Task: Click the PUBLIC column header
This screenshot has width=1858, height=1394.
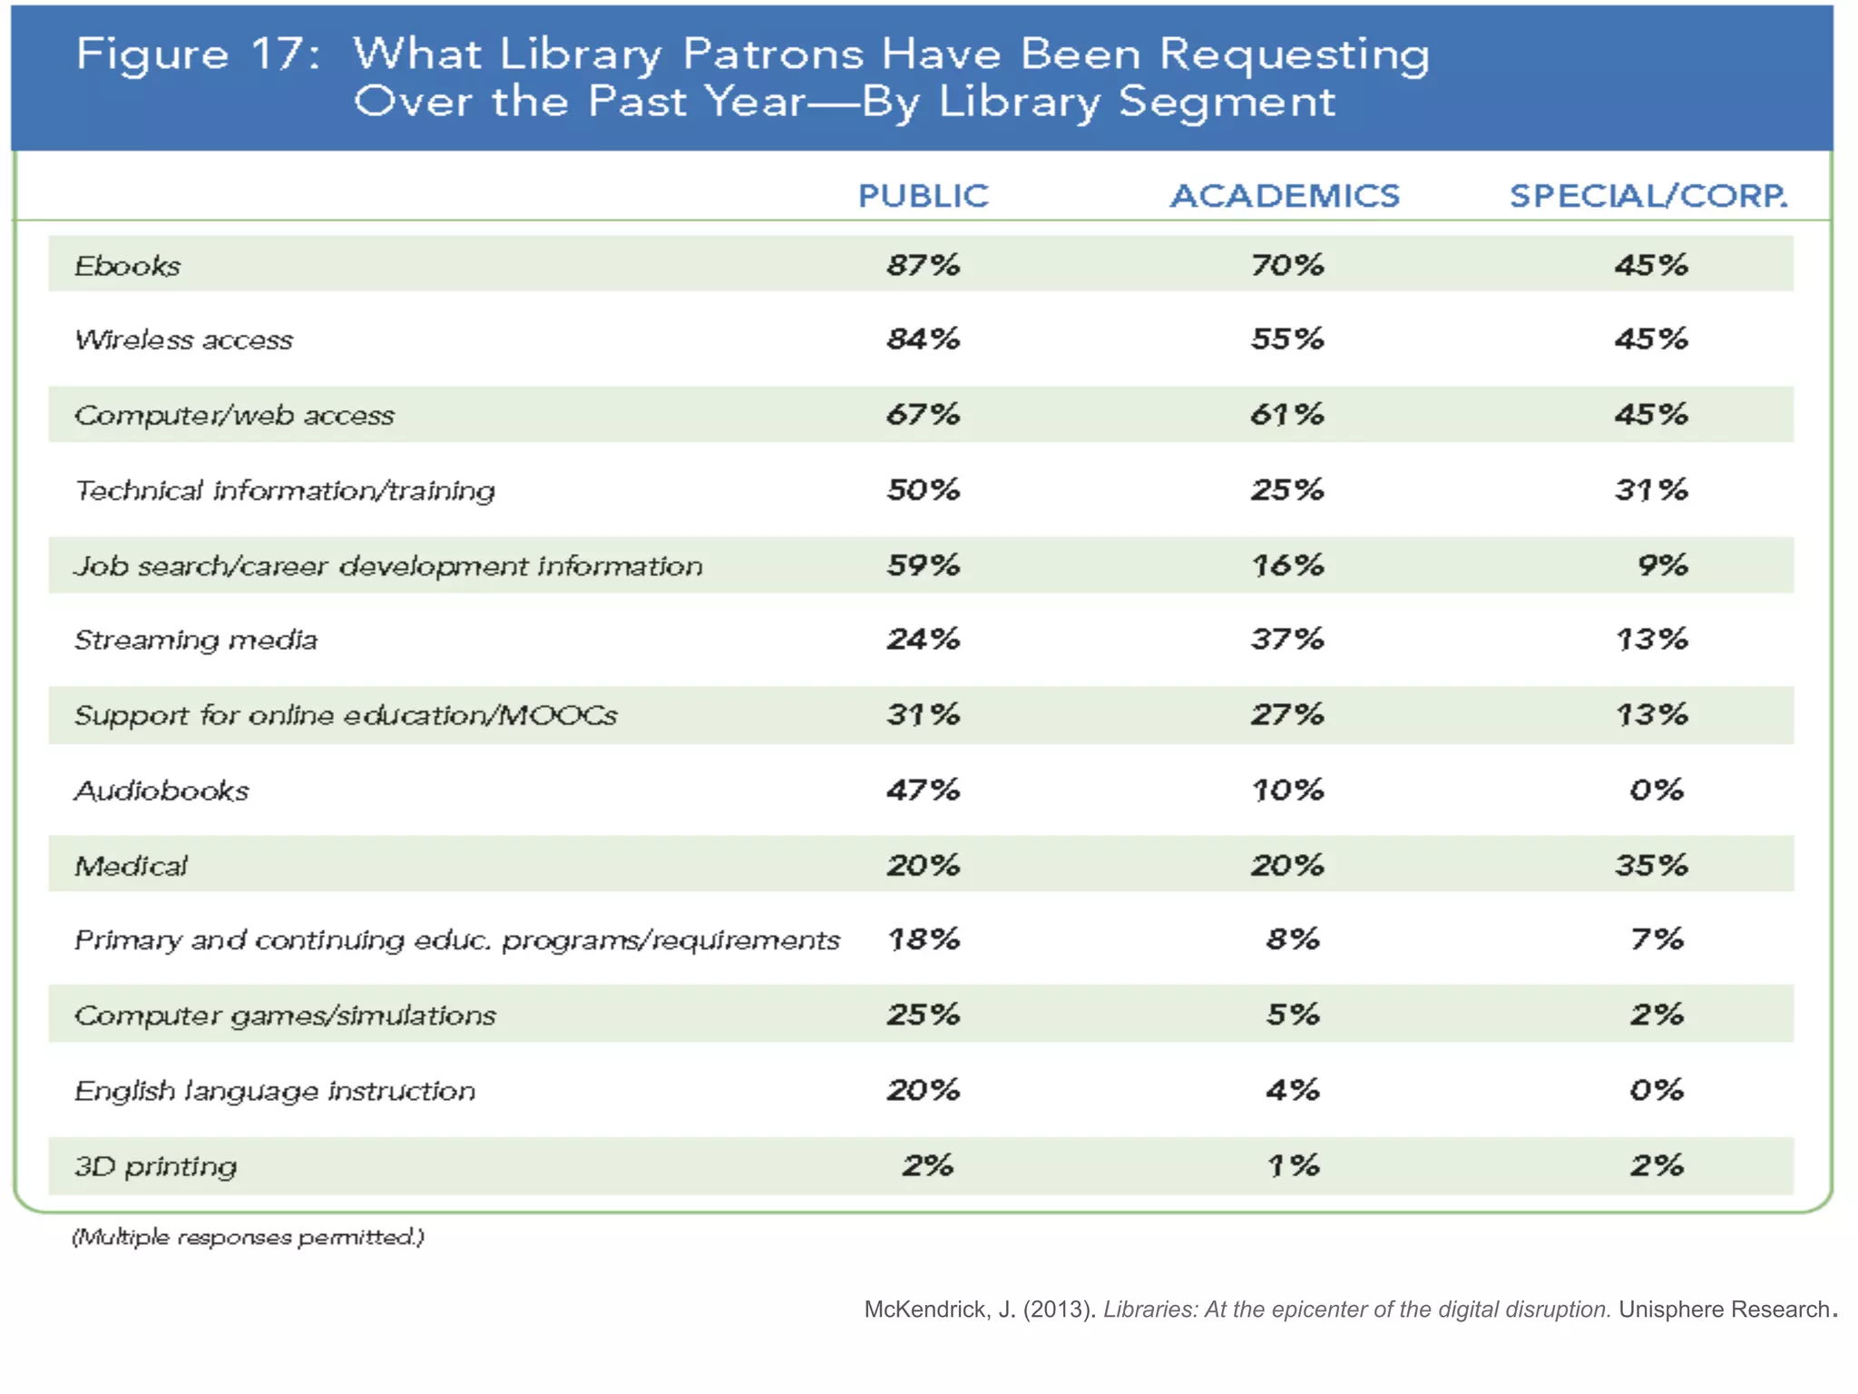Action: click(923, 196)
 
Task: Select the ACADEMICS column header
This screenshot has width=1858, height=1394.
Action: click(1285, 196)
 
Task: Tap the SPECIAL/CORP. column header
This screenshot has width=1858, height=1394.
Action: click(1648, 196)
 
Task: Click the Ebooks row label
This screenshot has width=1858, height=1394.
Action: click(128, 266)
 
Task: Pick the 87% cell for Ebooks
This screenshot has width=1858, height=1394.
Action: click(923, 265)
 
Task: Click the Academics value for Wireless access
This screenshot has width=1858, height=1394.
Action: click(1286, 339)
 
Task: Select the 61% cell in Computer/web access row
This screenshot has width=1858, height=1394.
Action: click(1286, 415)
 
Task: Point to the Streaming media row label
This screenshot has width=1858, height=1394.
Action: click(196, 640)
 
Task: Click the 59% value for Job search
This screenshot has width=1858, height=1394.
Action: click(923, 565)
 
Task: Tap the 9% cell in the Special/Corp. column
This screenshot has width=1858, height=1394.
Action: click(1662, 565)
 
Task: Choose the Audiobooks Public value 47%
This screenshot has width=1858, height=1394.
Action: click(923, 790)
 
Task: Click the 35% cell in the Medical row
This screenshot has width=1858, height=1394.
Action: click(1650, 865)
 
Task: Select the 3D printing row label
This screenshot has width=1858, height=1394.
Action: click(155, 1165)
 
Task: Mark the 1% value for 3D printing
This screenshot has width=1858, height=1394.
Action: click(1292, 1165)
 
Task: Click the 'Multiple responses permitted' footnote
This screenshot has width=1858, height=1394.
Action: click(248, 1237)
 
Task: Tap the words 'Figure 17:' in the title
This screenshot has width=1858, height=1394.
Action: click(198, 54)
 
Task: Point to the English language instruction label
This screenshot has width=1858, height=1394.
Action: click(275, 1090)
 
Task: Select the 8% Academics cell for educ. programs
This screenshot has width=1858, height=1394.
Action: click(1292, 939)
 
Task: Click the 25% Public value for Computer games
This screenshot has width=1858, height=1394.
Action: click(923, 1015)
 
